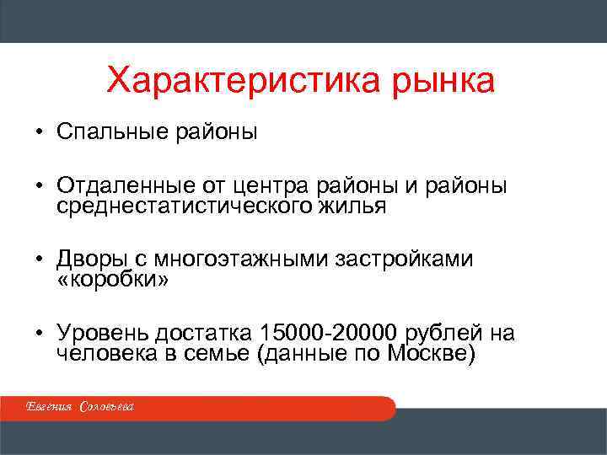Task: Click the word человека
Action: coord(105,353)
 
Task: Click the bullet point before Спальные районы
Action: coord(39,133)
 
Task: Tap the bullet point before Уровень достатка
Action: coord(39,333)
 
